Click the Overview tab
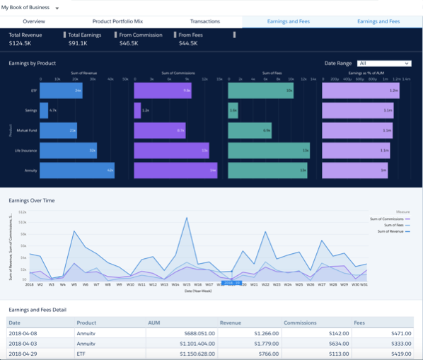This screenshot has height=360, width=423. pos(34,22)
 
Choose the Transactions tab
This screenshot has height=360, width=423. pos(205,22)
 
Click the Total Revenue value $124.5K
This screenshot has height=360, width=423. pos(21,44)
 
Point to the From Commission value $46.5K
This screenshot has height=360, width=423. pos(128,44)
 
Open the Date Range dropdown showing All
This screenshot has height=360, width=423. pos(383,63)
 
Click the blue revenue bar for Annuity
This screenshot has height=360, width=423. pos(76,171)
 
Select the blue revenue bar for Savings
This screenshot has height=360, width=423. pos(44,110)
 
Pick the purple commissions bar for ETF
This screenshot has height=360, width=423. pos(162,91)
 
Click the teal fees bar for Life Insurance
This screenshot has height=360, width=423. pos(268,151)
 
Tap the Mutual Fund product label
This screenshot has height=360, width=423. pos(28,131)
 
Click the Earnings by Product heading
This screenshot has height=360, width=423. pos(33,64)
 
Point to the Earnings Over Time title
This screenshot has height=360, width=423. pos(31,201)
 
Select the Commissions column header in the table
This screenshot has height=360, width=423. pos(300,323)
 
